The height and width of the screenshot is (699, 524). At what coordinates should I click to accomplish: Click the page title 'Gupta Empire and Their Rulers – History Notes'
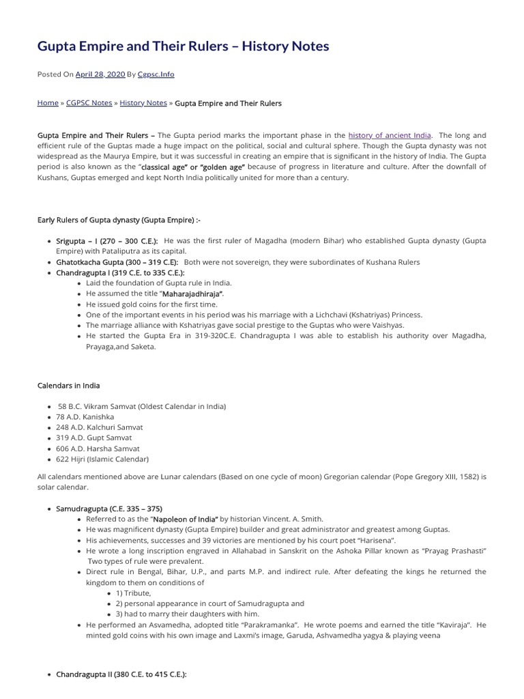(x=183, y=46)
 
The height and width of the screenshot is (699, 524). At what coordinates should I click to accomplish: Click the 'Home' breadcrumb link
(x=48, y=102)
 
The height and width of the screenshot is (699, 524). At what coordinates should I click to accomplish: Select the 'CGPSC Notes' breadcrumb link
(x=89, y=102)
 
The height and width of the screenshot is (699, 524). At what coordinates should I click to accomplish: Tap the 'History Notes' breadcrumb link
(x=143, y=102)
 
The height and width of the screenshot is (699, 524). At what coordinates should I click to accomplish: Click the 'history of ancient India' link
(x=390, y=135)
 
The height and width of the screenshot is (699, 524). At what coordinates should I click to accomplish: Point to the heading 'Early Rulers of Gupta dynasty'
(x=119, y=220)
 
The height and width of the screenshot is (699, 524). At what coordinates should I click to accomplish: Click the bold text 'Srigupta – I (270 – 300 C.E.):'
(x=107, y=241)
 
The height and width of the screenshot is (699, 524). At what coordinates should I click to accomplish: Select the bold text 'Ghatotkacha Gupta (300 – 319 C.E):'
(x=117, y=262)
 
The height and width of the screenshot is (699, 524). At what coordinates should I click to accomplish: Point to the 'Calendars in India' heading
(x=70, y=386)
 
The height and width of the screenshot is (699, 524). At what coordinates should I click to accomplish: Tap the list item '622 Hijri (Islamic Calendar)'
(x=102, y=459)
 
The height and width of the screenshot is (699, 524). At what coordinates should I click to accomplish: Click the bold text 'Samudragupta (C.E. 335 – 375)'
(x=109, y=509)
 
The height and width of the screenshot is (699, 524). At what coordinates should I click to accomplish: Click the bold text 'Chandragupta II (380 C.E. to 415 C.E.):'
(x=121, y=674)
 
